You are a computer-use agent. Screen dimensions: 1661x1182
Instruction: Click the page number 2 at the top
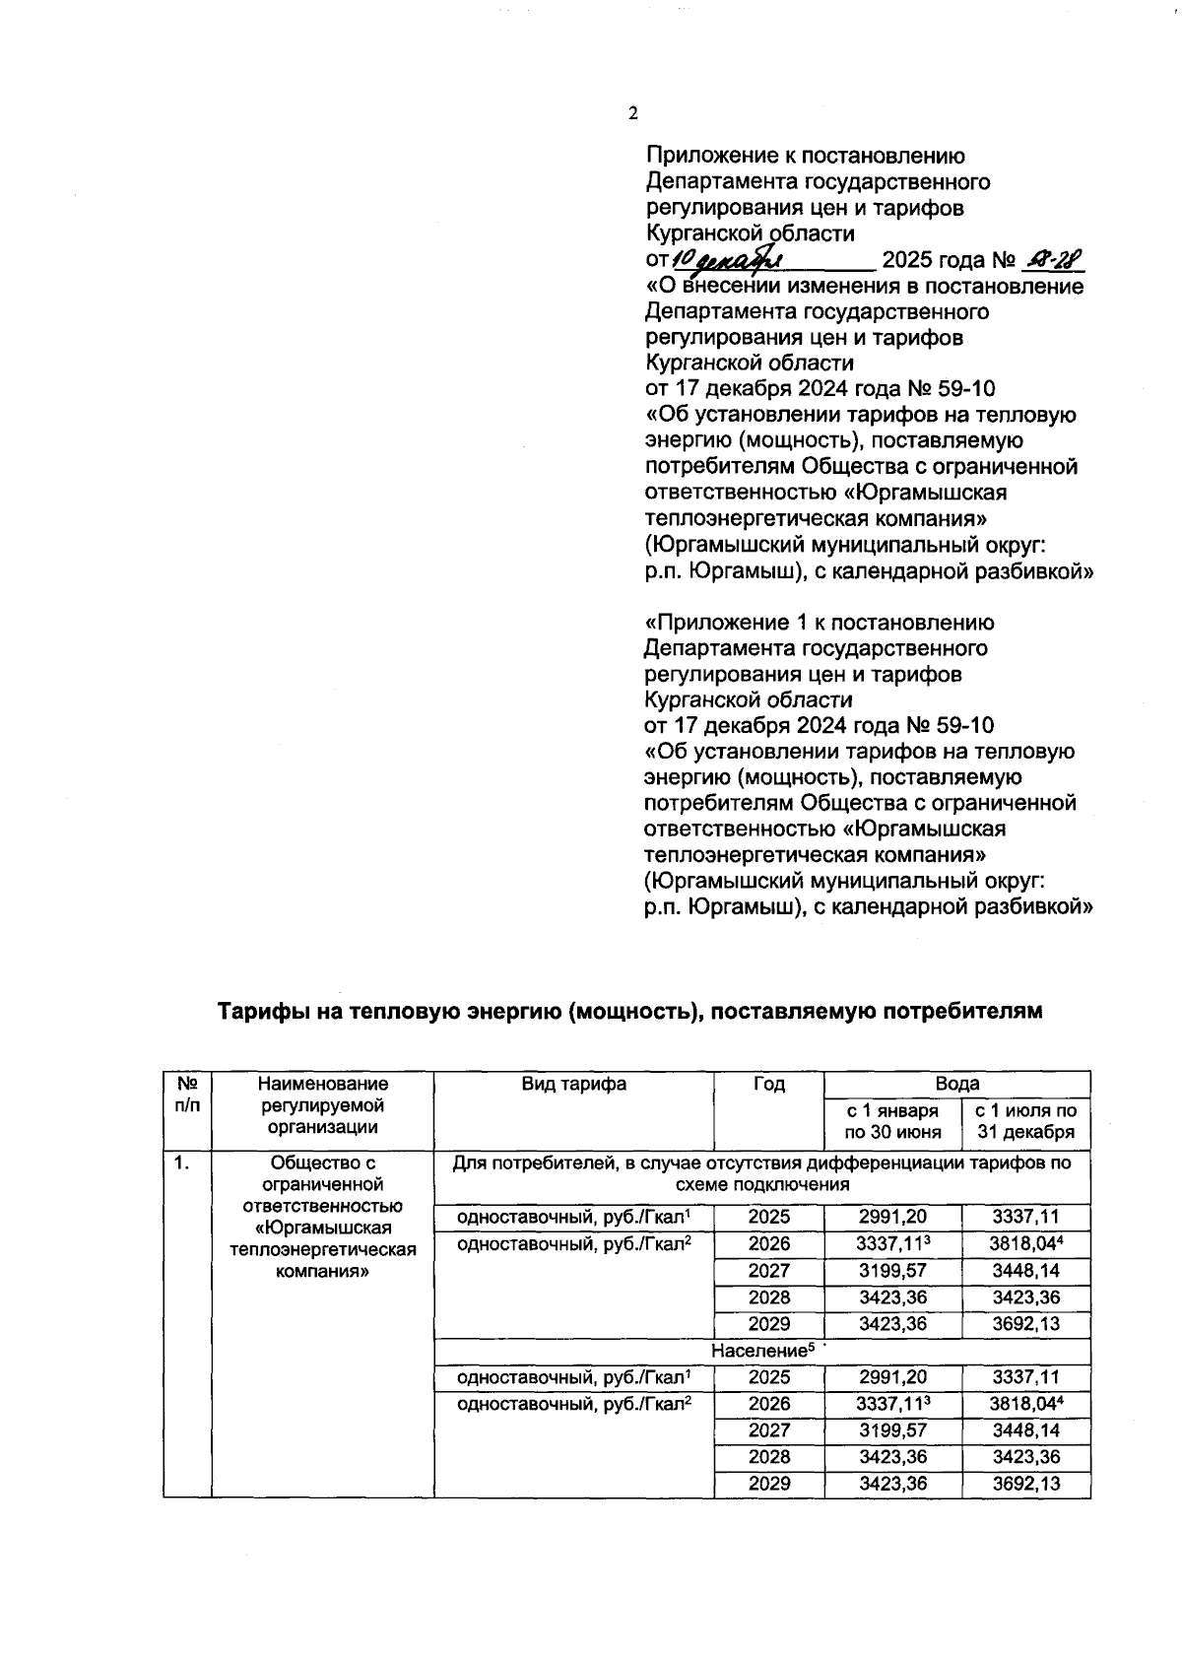coord(633,113)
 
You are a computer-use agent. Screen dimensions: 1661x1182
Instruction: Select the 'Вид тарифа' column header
coord(573,1084)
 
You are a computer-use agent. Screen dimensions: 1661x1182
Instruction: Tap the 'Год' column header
coord(768,1084)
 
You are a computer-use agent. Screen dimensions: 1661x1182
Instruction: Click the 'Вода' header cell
coord(956,1084)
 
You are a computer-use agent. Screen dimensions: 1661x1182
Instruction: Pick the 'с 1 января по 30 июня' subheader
coord(892,1122)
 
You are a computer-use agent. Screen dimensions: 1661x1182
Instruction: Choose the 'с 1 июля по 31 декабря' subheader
coord(1025,1122)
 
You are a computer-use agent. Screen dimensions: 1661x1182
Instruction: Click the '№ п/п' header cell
coord(187,1095)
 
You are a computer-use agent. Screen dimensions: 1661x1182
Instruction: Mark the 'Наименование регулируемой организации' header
coord(323,1105)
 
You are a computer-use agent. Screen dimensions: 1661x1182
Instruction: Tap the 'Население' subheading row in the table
coord(761,1351)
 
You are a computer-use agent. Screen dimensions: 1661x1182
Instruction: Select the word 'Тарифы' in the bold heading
coord(258,1012)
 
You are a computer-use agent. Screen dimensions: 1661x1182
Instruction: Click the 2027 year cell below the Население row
coord(768,1430)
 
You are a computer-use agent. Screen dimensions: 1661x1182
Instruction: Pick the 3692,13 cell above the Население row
coord(1025,1324)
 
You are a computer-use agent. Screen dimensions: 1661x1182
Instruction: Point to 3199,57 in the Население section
coord(892,1430)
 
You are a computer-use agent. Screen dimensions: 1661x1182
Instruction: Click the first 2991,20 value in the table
coord(892,1218)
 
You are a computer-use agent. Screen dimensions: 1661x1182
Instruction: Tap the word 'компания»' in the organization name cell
coord(323,1271)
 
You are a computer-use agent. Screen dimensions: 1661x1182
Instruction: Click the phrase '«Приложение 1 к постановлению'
coord(819,623)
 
